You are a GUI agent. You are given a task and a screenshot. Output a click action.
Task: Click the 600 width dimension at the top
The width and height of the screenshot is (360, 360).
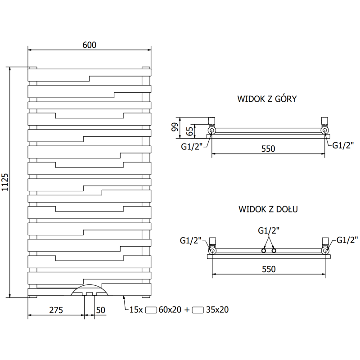(90, 45)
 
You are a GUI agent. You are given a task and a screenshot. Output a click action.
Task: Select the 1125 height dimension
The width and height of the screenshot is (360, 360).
(5, 182)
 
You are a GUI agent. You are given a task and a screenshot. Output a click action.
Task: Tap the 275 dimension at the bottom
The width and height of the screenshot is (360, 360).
(55, 310)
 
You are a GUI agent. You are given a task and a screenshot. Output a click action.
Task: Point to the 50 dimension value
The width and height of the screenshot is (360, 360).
(100, 310)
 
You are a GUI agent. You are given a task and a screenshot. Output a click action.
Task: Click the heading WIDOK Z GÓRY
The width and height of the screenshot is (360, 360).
(267, 99)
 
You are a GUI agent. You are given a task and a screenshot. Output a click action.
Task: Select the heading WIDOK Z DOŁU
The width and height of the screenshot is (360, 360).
(267, 209)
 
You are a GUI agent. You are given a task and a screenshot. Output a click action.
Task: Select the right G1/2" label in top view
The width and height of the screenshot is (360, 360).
(343, 144)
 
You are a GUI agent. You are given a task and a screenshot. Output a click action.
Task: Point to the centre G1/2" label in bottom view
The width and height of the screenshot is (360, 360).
(269, 230)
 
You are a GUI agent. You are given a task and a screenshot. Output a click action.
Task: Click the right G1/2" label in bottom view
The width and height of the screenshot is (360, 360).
(346, 239)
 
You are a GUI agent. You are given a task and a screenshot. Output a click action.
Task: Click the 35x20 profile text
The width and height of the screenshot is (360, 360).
(217, 310)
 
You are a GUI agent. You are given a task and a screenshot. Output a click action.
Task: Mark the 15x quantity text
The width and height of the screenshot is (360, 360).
(136, 310)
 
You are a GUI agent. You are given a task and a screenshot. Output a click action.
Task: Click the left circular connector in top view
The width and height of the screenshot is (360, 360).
(211, 130)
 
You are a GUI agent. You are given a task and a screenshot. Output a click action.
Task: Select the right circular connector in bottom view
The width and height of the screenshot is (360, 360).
(324, 250)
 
